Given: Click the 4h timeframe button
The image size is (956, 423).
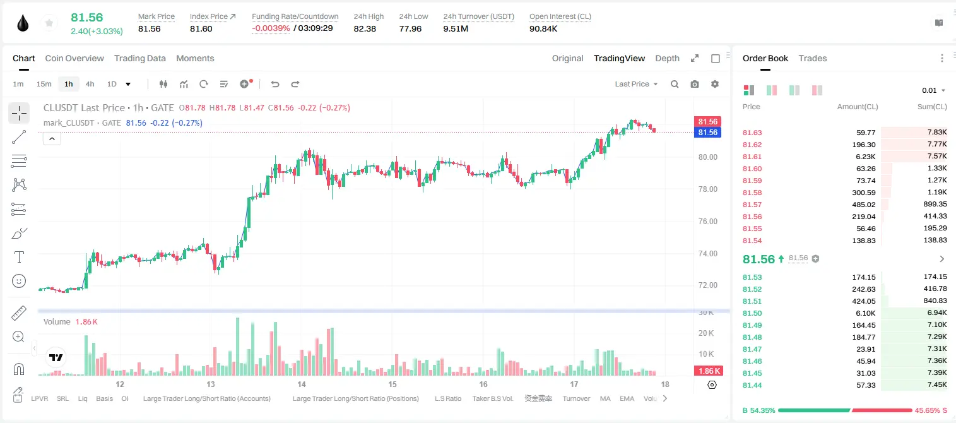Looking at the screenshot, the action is [x=90, y=84].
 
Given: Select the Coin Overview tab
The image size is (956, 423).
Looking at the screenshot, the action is [x=74, y=59].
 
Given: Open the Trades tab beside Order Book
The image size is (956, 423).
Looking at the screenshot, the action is [x=813, y=59].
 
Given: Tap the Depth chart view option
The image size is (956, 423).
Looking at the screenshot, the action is [x=667, y=59].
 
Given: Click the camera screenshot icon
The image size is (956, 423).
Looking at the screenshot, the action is [x=695, y=84].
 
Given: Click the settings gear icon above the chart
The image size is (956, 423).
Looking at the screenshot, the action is [x=715, y=84].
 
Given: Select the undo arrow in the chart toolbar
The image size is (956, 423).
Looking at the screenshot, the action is [x=275, y=84].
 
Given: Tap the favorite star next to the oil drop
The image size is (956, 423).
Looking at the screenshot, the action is [x=49, y=23].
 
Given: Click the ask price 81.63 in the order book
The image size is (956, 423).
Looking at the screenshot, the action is [x=752, y=133].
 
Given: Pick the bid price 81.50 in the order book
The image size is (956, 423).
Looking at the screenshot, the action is [x=752, y=313].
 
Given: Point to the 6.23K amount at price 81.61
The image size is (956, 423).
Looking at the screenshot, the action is [x=866, y=157].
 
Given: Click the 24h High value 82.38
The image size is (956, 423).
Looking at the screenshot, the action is [x=365, y=28].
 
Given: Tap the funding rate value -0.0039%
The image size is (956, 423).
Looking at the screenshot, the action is [x=271, y=28].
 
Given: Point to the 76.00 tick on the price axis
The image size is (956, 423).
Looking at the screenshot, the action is [x=708, y=222].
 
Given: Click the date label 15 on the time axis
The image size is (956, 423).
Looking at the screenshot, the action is [x=392, y=384].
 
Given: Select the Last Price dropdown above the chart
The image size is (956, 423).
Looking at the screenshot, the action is [x=636, y=84].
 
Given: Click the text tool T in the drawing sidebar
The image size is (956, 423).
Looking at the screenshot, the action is [x=19, y=258].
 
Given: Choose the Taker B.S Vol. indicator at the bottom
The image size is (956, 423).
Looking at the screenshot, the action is [x=492, y=398].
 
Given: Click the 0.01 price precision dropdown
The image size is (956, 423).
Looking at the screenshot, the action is [x=933, y=90].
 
